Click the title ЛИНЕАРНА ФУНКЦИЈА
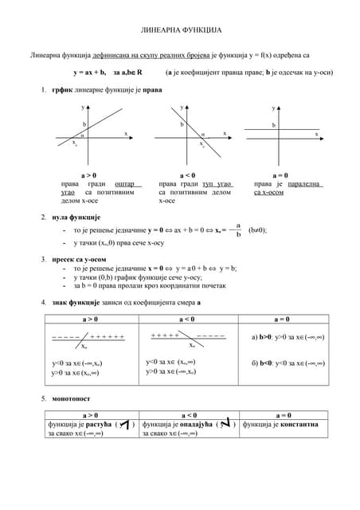(x=179, y=27)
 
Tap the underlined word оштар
(x=126, y=184)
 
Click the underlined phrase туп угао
(x=217, y=184)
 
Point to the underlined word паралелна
(x=301, y=184)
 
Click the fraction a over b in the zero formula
(x=238, y=229)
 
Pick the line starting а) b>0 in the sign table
(x=288, y=337)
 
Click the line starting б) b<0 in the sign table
(x=288, y=363)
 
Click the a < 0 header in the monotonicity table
(x=190, y=414)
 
